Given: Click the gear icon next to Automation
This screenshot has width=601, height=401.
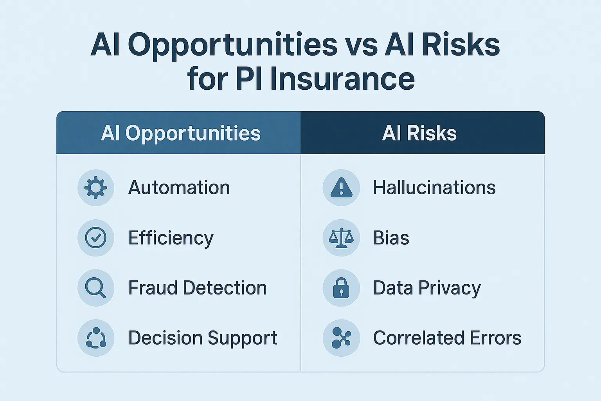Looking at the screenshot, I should (96, 188).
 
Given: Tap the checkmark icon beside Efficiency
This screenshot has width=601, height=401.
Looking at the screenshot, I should (96, 238).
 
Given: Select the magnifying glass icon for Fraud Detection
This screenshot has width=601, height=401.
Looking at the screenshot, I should (96, 288).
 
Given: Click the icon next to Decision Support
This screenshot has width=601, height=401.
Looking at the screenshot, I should (96, 338).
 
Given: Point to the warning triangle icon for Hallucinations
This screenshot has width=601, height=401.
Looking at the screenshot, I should (341, 188).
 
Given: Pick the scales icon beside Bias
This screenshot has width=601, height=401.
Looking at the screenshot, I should (341, 238).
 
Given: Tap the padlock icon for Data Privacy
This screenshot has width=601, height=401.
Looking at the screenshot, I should (341, 288).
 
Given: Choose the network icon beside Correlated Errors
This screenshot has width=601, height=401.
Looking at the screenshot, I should (341, 338).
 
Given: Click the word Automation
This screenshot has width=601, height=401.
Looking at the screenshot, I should (179, 188).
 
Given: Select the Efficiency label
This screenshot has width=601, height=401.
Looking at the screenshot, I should (171, 238).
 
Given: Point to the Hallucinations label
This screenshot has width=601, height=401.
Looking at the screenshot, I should (434, 188).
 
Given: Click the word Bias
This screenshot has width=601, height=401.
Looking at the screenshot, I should (391, 238).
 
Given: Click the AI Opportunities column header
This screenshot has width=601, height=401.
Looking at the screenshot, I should (180, 133).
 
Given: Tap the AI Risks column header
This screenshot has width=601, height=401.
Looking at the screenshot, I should (419, 133).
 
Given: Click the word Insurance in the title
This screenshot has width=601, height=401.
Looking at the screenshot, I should (342, 79).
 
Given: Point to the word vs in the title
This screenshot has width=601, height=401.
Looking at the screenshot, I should (361, 45).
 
